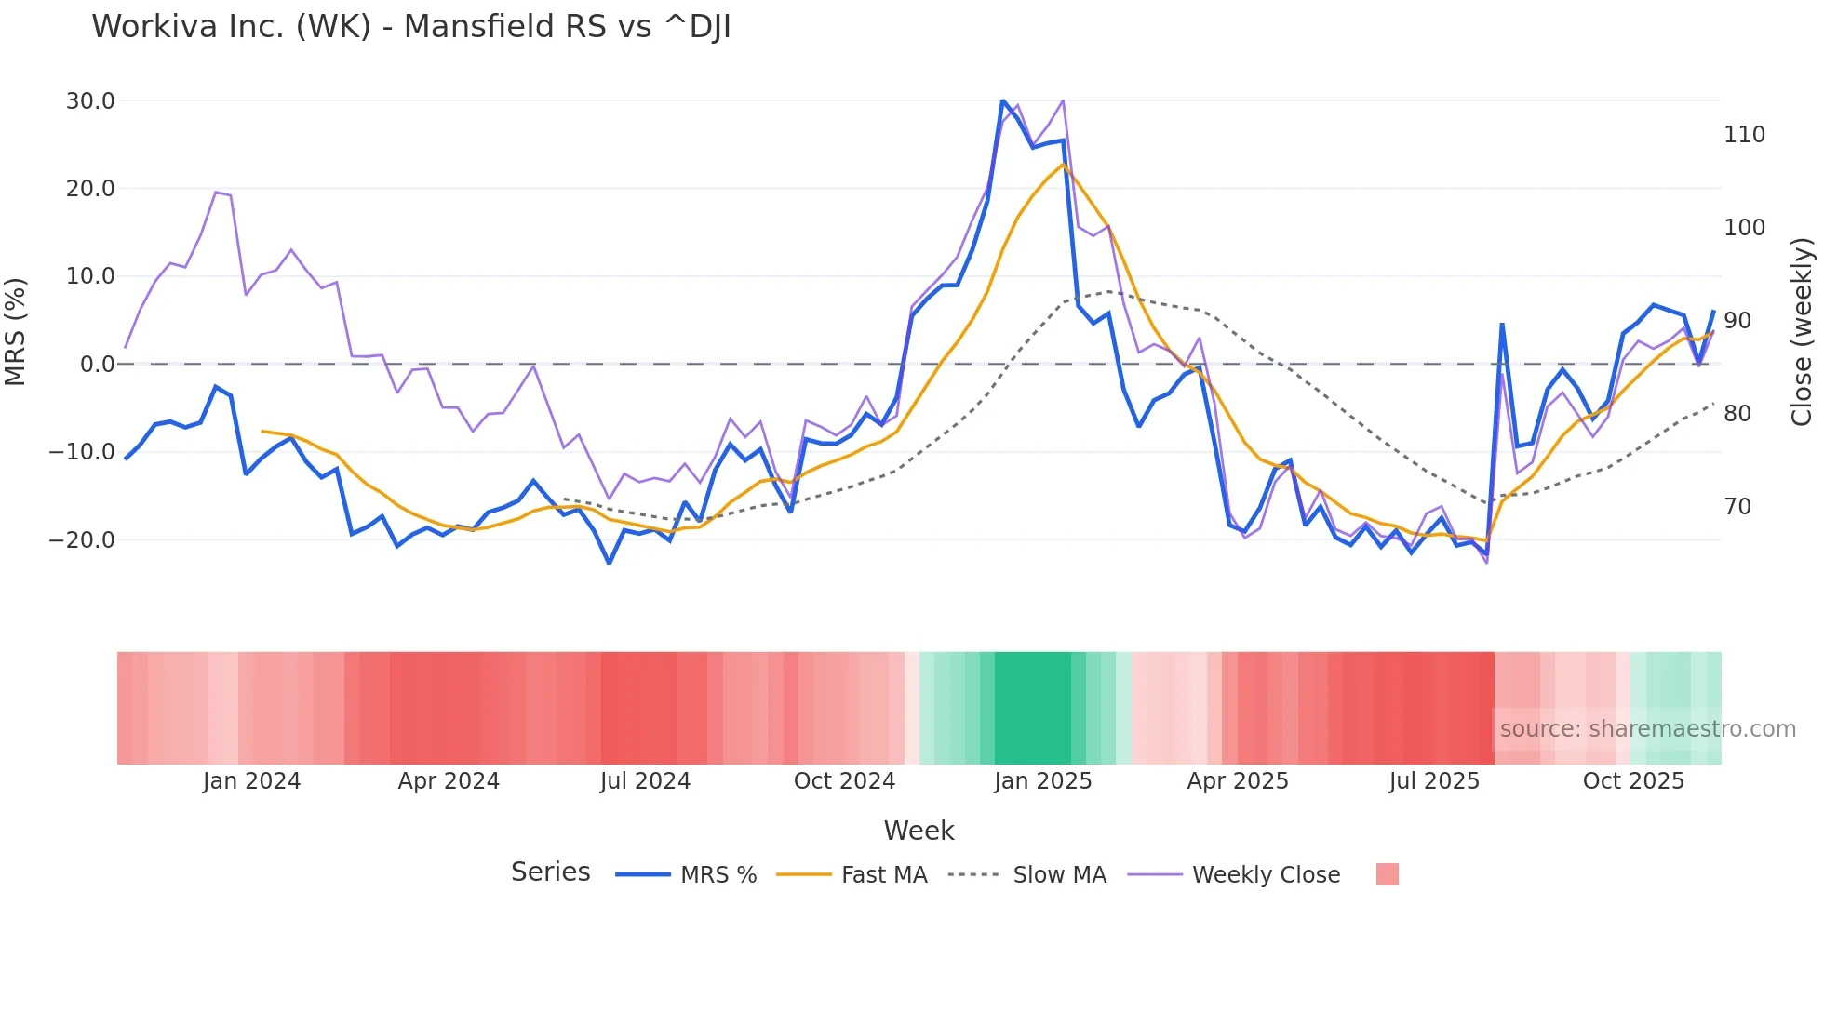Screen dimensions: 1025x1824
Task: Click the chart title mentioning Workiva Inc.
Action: click(410, 27)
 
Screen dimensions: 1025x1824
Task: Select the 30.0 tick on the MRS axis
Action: click(90, 100)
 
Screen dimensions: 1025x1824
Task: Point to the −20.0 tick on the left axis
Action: click(82, 539)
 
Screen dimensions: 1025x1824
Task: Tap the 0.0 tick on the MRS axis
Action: click(97, 364)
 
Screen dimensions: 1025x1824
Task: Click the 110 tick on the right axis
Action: click(1744, 135)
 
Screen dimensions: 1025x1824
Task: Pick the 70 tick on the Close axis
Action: click(1737, 507)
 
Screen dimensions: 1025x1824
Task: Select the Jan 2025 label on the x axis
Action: click(1042, 781)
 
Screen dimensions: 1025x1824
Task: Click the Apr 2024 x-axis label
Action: click(449, 781)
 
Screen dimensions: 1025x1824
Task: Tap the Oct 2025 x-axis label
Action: click(1633, 781)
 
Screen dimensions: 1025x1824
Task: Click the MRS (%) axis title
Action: click(16, 331)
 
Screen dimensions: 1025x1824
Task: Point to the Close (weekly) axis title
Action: click(1802, 331)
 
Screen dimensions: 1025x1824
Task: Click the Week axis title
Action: click(919, 831)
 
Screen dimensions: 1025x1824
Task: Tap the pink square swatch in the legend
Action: click(1387, 874)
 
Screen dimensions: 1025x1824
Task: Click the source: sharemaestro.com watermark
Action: click(1647, 729)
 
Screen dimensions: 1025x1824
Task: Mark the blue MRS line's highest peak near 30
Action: click(1002, 100)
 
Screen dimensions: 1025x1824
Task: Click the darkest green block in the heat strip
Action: click(1032, 708)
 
